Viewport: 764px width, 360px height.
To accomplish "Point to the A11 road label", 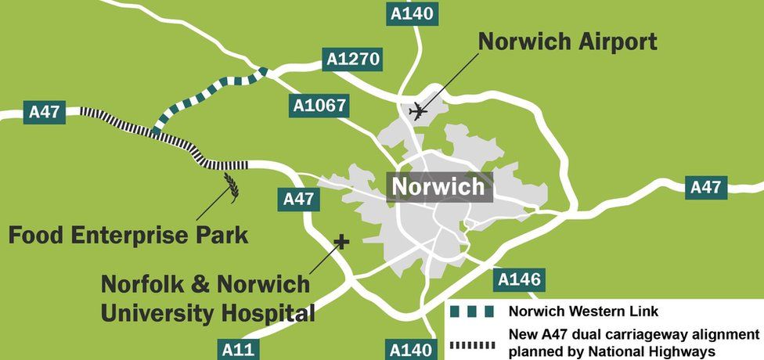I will [x=238, y=348].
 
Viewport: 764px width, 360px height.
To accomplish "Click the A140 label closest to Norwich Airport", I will [x=411, y=13].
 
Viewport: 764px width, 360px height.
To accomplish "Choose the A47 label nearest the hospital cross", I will [x=298, y=199].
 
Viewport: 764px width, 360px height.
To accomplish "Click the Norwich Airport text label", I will [x=568, y=41].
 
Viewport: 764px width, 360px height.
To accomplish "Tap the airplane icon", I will [x=420, y=112].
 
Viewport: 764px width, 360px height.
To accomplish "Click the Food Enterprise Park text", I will [x=128, y=235].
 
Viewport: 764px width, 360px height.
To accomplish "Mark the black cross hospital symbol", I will [x=341, y=242].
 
